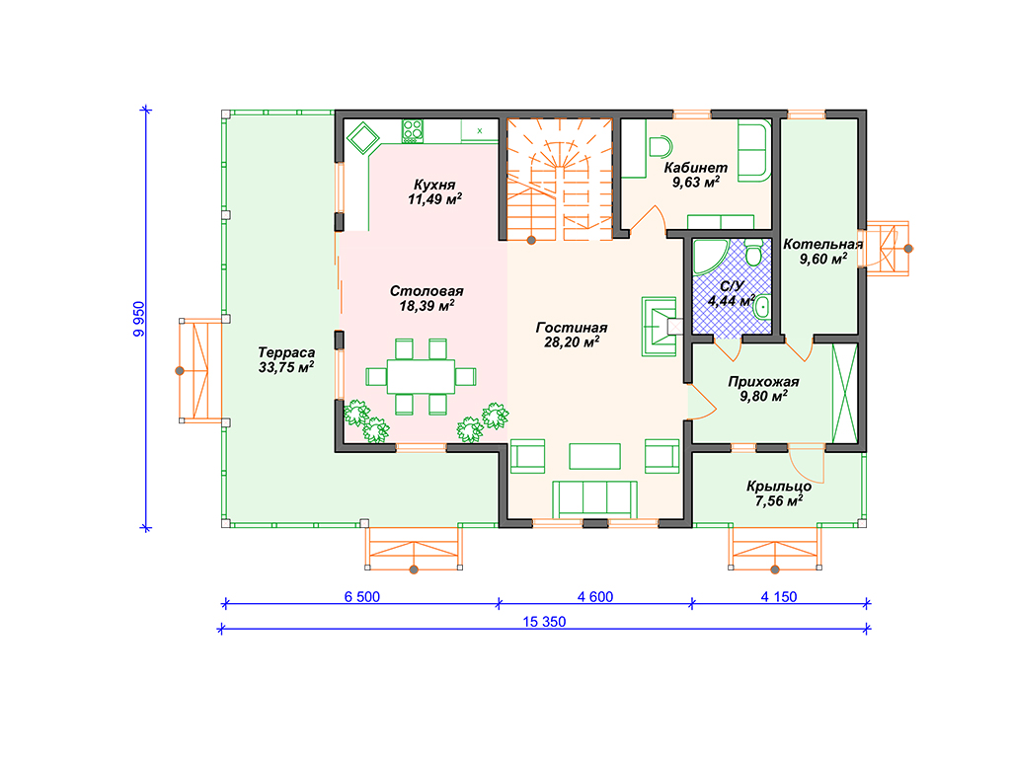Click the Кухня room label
tap(434, 185)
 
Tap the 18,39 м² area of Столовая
tap(427, 306)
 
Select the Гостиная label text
tap(572, 328)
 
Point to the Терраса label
tap(286, 352)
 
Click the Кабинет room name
tap(696, 168)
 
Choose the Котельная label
tap(822, 245)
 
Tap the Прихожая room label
tap(763, 382)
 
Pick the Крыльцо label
tap(779, 487)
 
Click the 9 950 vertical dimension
tap(139, 319)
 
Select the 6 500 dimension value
tap(361, 597)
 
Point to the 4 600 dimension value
tap(595, 597)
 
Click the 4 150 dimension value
tap(779, 597)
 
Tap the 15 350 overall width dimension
tap(544, 622)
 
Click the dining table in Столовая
tap(421, 376)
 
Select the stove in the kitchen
tap(413, 131)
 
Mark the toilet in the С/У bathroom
tap(753, 254)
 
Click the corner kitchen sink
tap(362, 137)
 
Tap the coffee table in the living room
tap(594, 456)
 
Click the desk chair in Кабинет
tap(660, 147)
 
